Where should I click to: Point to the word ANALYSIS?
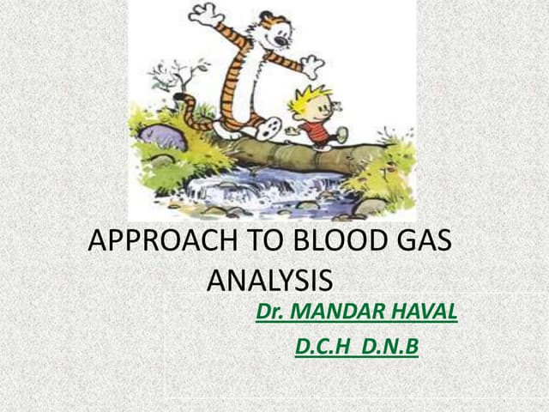click(x=270, y=281)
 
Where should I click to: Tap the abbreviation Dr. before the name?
click(x=271, y=312)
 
